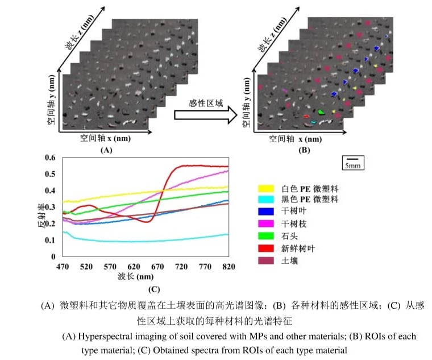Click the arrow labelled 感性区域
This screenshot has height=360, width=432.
click(x=205, y=114)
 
